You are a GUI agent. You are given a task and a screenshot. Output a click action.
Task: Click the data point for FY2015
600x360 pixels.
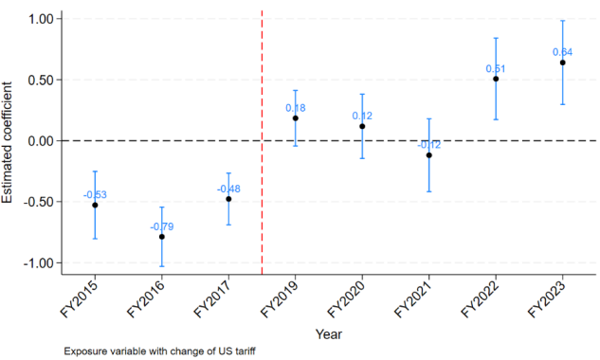pyautogui.click(x=95, y=205)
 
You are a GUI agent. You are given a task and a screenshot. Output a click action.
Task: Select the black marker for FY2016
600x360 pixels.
pyautogui.click(x=162, y=236)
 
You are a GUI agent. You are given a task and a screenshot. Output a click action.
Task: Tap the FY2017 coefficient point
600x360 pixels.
pyautogui.click(x=228, y=199)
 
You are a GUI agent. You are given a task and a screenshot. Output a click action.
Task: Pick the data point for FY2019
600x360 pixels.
pyautogui.click(x=296, y=118)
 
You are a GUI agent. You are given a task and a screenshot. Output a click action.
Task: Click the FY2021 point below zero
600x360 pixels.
pyautogui.click(x=428, y=155)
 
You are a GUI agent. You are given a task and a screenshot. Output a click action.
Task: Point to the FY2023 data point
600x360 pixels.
pyautogui.click(x=563, y=63)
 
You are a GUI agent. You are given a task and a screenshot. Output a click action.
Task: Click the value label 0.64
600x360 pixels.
pyautogui.click(x=563, y=51)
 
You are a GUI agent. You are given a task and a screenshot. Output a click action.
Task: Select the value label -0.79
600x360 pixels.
pyautogui.click(x=162, y=226)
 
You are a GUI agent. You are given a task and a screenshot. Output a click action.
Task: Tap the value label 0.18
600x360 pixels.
pyautogui.click(x=296, y=108)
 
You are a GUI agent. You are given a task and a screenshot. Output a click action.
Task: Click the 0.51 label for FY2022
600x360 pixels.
pyautogui.click(x=496, y=68)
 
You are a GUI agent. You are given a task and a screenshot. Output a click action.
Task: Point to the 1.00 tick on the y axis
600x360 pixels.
pyautogui.click(x=42, y=19)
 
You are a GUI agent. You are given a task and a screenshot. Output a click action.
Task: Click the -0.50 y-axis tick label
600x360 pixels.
pyautogui.click(x=40, y=202)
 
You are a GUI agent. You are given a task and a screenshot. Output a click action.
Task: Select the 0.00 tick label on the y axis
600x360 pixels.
pyautogui.click(x=42, y=140)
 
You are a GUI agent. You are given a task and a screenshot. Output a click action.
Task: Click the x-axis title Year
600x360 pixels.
pyautogui.click(x=329, y=333)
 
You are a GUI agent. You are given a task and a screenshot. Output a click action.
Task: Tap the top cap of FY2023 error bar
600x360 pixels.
pyautogui.click(x=563, y=21)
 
